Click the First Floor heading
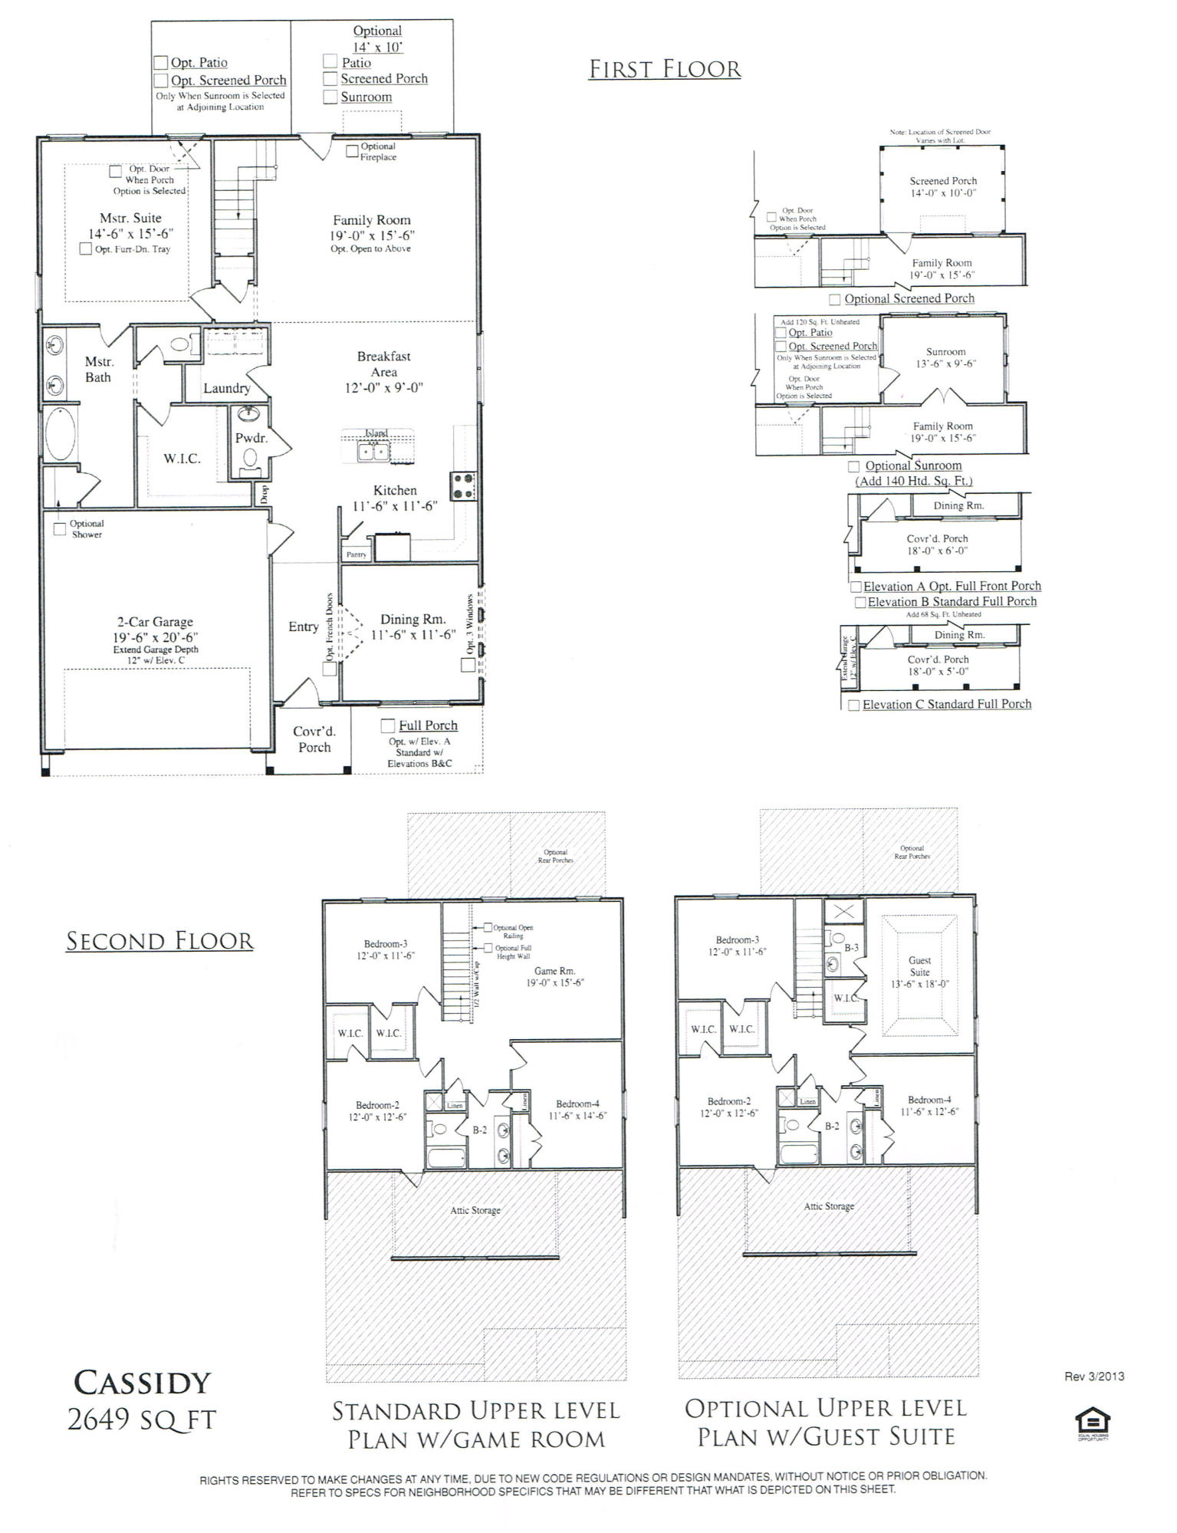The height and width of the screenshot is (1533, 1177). (665, 69)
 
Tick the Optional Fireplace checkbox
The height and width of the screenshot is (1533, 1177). (353, 151)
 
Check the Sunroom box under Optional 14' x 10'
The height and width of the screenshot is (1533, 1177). (330, 97)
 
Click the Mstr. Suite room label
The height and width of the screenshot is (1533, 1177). (130, 219)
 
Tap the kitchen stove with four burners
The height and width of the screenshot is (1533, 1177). (462, 486)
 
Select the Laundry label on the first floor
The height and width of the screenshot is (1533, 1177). (226, 388)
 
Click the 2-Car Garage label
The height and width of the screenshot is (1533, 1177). (155, 622)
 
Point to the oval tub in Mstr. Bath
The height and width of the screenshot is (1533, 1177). (59, 434)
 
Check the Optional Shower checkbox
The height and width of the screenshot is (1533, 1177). (60, 528)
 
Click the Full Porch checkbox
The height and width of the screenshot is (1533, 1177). (388, 725)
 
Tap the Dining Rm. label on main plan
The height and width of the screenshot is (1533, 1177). (413, 620)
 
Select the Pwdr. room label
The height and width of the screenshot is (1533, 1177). (251, 439)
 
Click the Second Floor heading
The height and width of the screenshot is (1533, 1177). (159, 941)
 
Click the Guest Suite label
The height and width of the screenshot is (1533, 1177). (919, 966)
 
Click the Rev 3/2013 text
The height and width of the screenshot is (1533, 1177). (1093, 1377)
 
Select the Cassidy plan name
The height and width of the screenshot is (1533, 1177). (142, 1383)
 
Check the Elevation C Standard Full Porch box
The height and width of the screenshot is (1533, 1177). (853, 705)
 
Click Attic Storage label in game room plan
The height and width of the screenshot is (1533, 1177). (475, 1211)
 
